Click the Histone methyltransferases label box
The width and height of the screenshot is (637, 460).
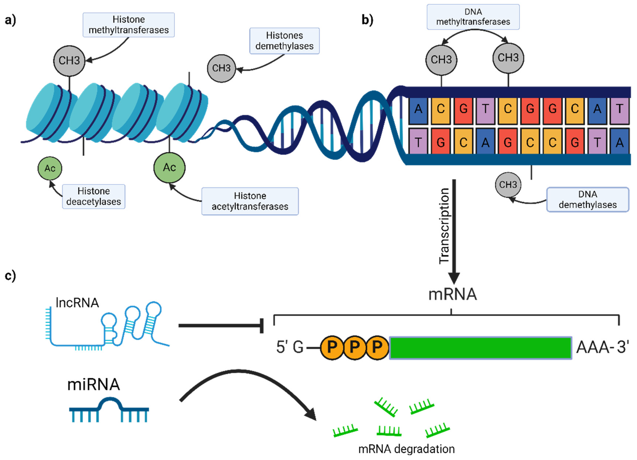(x=129, y=25)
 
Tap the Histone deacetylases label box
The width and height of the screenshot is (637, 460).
(x=93, y=197)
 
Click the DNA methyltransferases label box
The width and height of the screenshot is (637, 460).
(x=473, y=17)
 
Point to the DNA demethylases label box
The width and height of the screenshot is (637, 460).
(x=588, y=199)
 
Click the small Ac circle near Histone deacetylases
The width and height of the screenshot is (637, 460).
(x=50, y=168)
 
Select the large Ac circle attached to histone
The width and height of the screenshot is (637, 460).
(x=169, y=167)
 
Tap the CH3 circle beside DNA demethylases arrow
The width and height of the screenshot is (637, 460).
(x=508, y=185)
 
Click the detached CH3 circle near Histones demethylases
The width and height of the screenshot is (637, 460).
(x=221, y=68)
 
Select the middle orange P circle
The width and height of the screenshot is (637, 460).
(x=355, y=347)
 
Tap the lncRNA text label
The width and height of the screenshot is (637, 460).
(x=77, y=303)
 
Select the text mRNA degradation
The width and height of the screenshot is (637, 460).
(x=406, y=449)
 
